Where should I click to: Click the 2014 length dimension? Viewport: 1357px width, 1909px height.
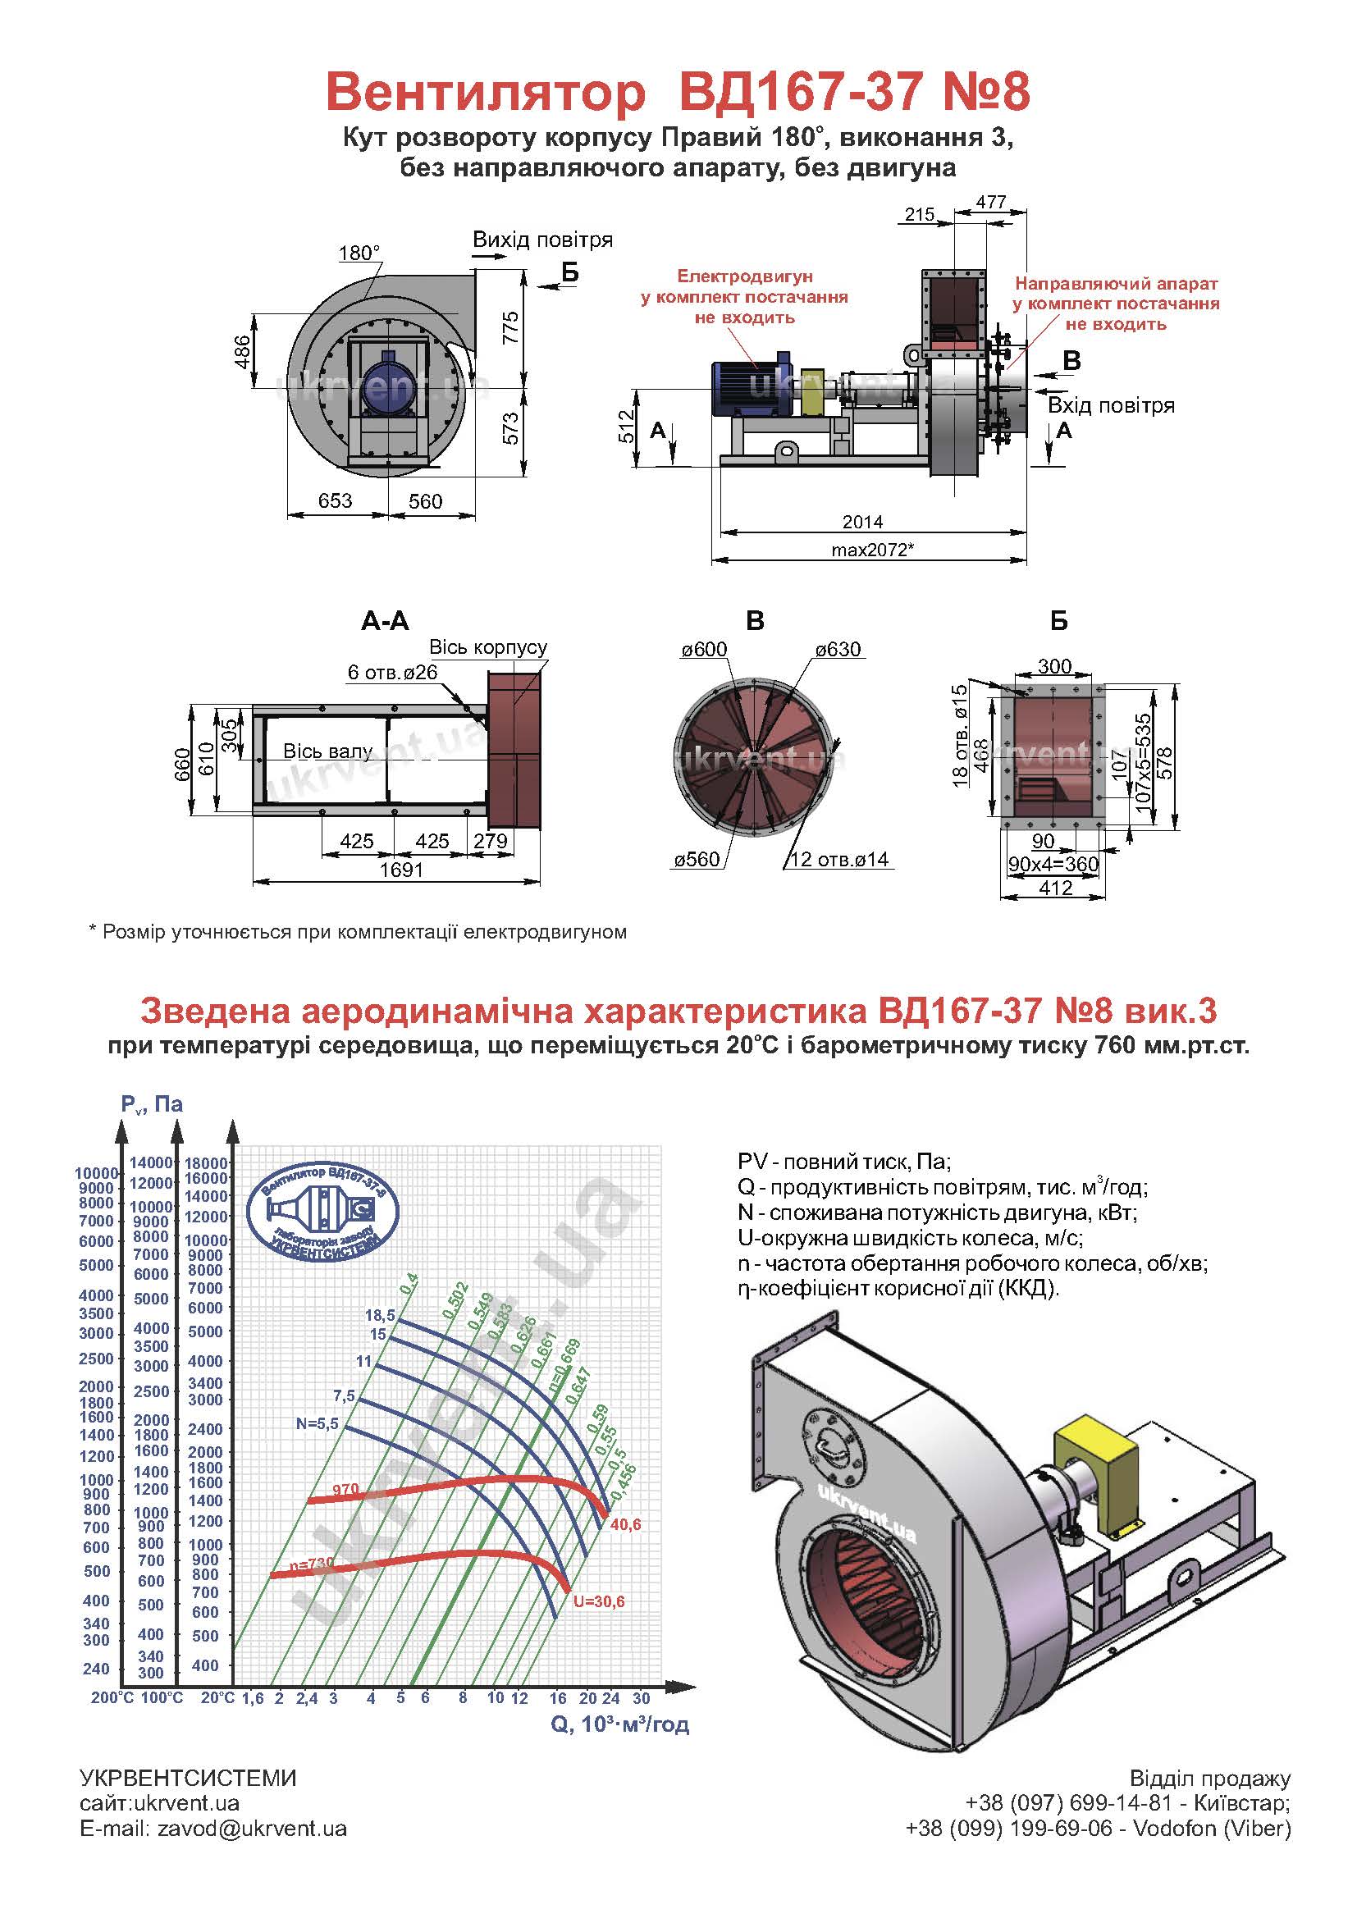[862, 522]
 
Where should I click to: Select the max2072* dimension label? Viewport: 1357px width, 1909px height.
[871, 550]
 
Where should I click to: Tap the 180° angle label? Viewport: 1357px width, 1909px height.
[359, 253]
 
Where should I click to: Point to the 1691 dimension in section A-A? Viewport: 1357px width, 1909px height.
[401, 870]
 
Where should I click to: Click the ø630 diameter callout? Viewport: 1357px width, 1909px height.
[838, 649]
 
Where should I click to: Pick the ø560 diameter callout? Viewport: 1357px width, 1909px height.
[697, 859]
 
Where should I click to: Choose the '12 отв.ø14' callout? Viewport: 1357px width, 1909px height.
[839, 859]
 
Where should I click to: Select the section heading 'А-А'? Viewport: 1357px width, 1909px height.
[386, 620]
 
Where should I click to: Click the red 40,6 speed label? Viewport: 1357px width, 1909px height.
[626, 1525]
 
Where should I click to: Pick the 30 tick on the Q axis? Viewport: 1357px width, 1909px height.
[641, 1698]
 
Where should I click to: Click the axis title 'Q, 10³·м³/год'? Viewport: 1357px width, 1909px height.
[620, 1724]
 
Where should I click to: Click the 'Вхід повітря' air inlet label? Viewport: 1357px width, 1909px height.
[1112, 405]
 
